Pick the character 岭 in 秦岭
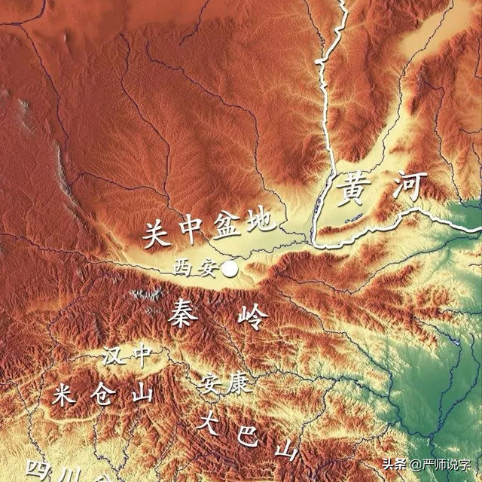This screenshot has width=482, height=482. (x=252, y=317)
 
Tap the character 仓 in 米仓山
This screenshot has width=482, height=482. (x=103, y=393)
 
